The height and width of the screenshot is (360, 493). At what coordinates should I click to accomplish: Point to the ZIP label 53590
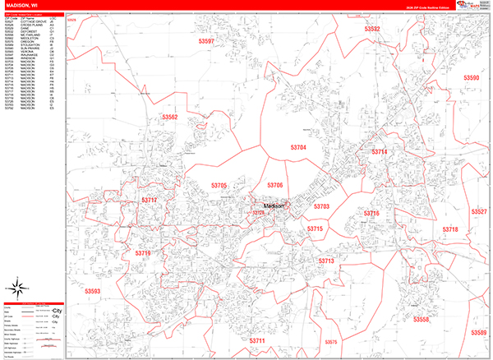coord(471,78)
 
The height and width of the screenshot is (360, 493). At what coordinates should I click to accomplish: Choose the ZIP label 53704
coord(297,147)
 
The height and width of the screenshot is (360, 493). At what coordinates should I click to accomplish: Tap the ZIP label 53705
coord(219,186)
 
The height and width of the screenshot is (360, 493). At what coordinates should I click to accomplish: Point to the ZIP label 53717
coord(149,200)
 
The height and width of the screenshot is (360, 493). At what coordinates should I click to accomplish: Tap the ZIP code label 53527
coord(479,212)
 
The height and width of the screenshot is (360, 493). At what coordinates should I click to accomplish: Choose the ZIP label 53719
coord(142,254)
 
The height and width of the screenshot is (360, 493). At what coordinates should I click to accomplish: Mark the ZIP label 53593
coord(92,291)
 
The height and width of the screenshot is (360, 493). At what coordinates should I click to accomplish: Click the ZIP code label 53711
coord(257,340)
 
